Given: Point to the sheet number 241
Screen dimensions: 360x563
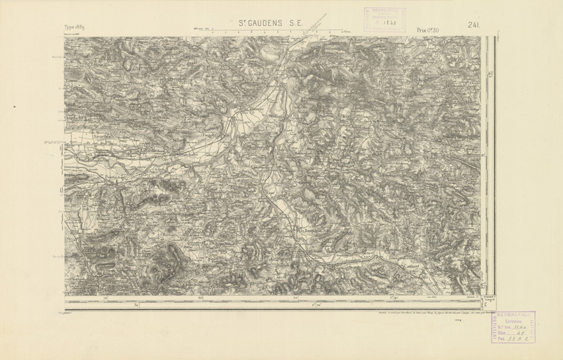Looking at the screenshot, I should point(473,25).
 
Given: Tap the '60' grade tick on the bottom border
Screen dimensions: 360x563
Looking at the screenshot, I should point(201,298).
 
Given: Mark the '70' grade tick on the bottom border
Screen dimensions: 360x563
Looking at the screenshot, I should point(107,298).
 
